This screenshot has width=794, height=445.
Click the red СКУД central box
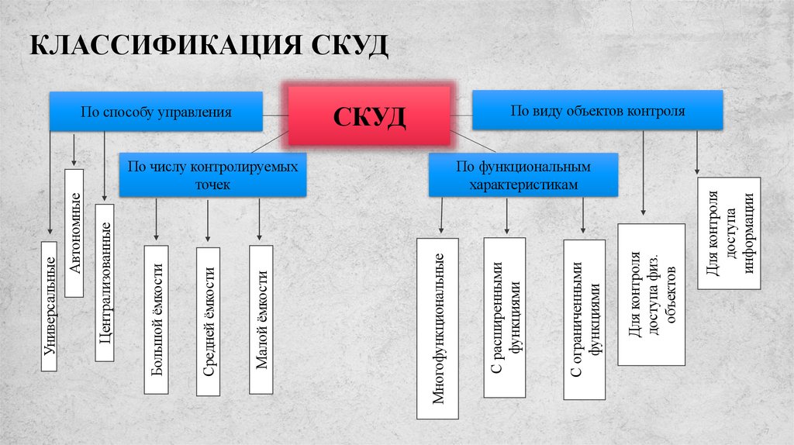tap(369, 116)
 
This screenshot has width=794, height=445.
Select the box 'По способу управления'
tap(156, 112)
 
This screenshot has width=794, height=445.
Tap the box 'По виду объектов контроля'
tap(597, 110)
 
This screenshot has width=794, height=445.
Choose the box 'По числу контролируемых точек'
tap(212, 174)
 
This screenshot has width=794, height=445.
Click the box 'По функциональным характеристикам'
tap(523, 174)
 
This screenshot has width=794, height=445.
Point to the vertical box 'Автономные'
tap(74, 243)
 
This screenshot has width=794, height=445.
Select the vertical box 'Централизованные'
tap(104, 282)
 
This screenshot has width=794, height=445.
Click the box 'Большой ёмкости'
tap(157, 319)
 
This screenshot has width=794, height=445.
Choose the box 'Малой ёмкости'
tap(261, 319)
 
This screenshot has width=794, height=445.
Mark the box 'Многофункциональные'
tap(437, 328)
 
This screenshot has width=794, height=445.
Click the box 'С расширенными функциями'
tap(504, 318)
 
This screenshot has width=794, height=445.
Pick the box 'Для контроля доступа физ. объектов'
tap(651, 295)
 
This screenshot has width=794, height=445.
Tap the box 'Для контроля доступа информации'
tap(728, 233)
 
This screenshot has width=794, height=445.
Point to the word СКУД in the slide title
tap(348, 46)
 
